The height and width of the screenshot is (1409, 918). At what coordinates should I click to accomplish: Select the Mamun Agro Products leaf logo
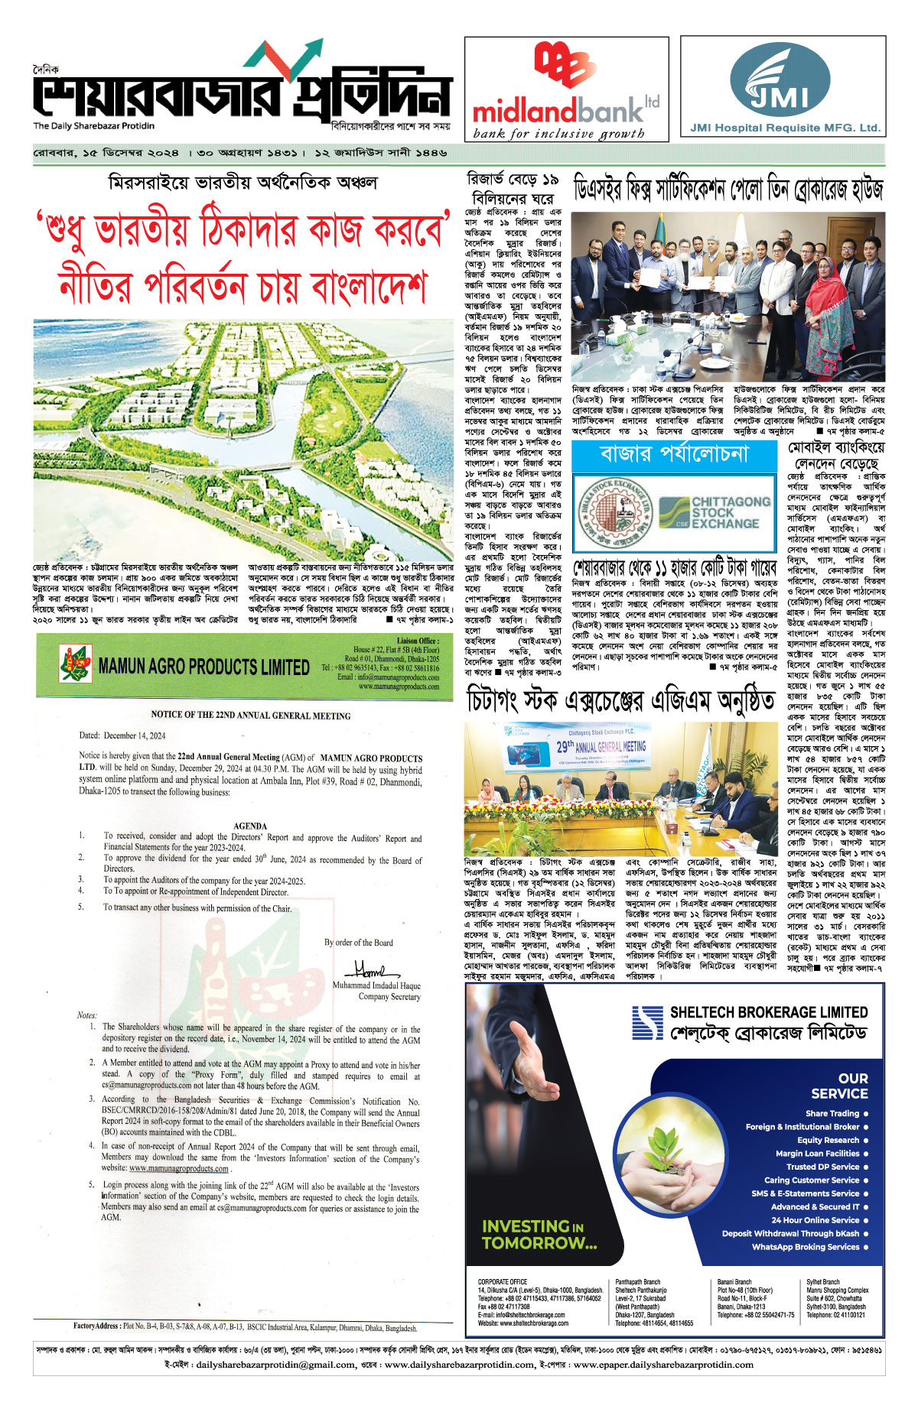point(76,664)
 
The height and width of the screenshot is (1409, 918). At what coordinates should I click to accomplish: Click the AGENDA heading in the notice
point(250,826)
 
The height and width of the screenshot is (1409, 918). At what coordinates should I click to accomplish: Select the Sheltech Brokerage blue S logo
point(647,1023)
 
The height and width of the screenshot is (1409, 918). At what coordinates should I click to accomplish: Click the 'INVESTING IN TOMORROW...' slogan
point(539,1234)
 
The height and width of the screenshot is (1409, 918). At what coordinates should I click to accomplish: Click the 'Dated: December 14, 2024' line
point(122,735)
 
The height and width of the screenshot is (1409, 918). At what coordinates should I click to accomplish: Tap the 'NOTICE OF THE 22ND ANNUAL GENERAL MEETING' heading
point(251,716)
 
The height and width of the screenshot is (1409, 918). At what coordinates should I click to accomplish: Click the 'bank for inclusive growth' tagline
point(558,135)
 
